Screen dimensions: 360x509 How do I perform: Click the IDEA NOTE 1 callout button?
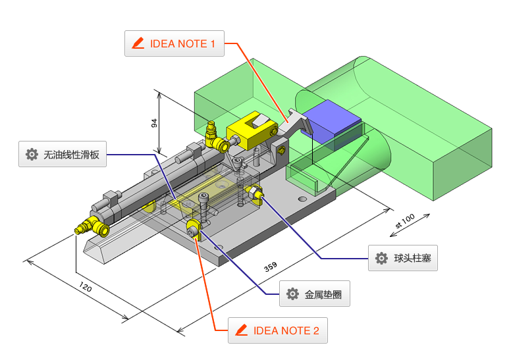click(x=174, y=44)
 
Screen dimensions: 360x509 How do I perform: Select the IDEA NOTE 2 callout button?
click(x=277, y=330)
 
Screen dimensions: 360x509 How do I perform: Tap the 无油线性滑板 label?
click(x=63, y=155)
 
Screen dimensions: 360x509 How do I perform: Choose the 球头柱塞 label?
click(x=402, y=258)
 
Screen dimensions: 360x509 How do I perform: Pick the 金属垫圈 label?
click(x=314, y=294)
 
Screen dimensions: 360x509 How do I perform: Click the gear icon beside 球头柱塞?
click(x=381, y=258)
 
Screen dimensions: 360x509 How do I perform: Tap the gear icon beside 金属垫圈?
click(x=292, y=294)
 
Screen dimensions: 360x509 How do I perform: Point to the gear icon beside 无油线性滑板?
click(x=32, y=155)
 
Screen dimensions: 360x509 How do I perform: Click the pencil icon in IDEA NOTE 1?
click(x=138, y=44)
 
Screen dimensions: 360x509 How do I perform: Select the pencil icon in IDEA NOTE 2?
click(x=241, y=330)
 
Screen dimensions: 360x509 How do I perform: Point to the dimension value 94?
click(x=155, y=124)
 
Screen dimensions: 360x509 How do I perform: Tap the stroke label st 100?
click(x=404, y=221)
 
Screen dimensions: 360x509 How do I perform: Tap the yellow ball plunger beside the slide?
click(x=254, y=193)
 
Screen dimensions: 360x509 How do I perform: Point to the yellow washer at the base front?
click(x=193, y=229)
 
